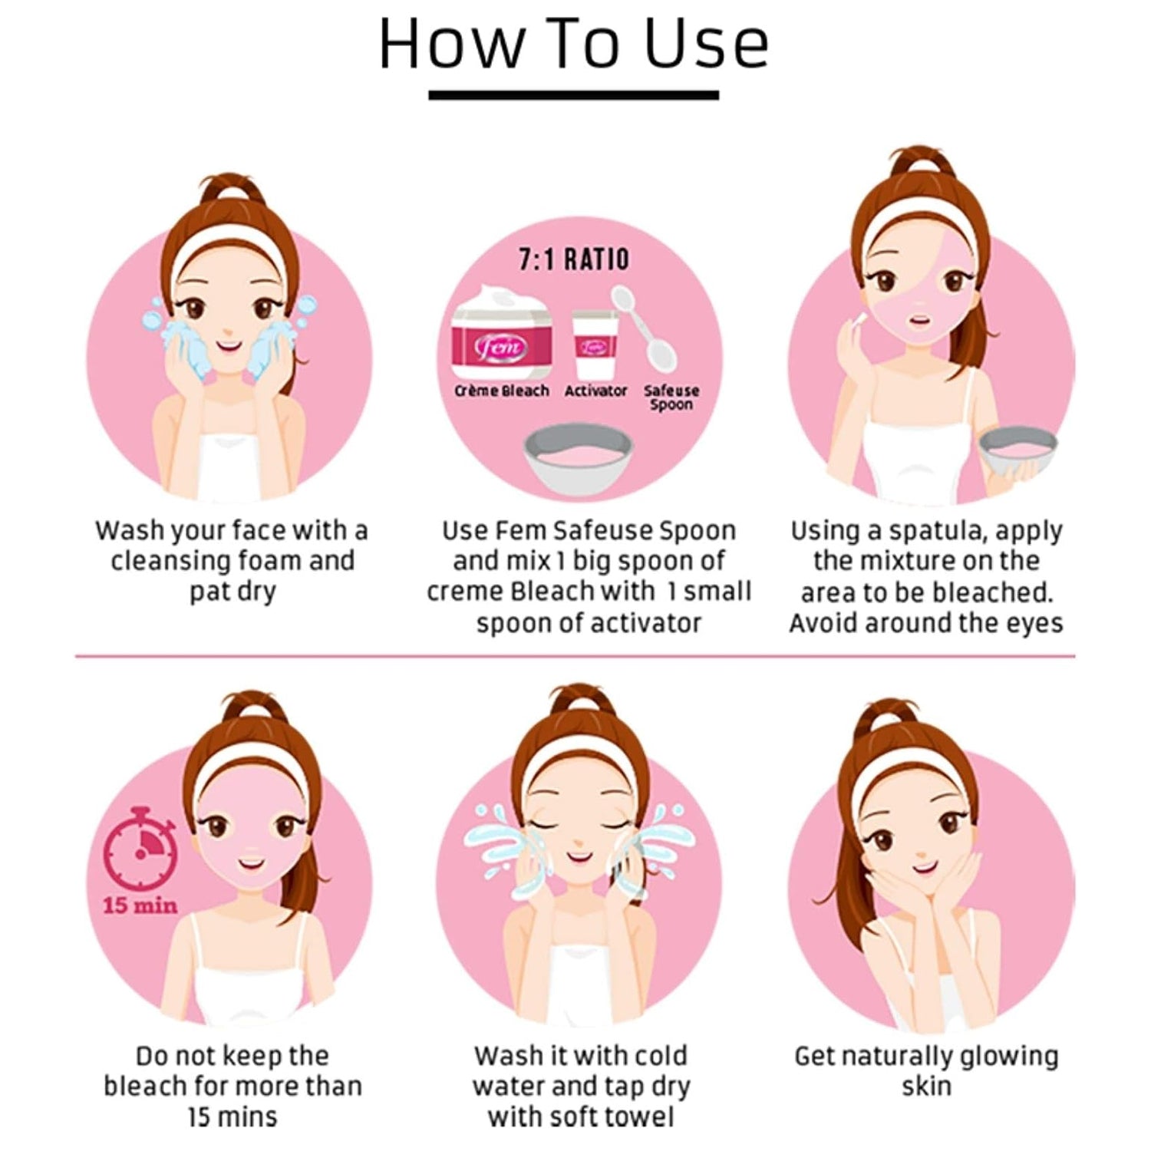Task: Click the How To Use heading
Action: point(574,45)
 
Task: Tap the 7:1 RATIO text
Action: point(574,259)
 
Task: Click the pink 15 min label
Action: point(140,906)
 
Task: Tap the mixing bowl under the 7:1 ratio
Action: point(578,458)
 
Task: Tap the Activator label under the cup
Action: point(595,391)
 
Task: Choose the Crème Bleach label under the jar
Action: point(502,391)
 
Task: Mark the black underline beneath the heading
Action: point(574,95)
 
